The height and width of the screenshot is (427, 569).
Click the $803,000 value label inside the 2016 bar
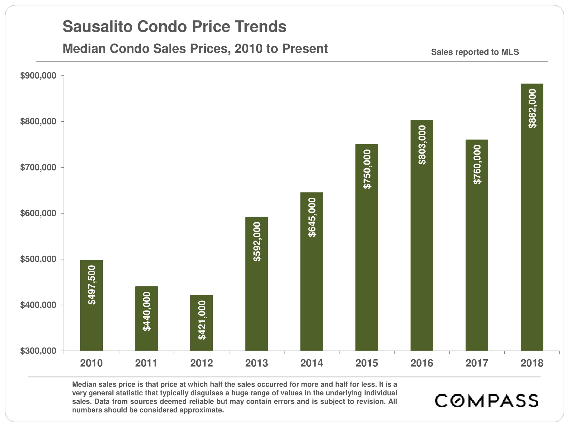click(x=422, y=145)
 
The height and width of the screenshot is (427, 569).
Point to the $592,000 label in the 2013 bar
click(x=257, y=242)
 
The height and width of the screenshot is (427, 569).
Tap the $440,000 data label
click(x=147, y=311)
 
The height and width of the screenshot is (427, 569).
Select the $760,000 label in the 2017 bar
click(x=477, y=165)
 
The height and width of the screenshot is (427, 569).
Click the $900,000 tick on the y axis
click(x=38, y=76)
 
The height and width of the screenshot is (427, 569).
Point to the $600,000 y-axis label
click(x=38, y=213)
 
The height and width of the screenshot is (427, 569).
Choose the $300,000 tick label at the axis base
click(x=38, y=351)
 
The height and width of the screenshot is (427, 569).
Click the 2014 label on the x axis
click(x=312, y=363)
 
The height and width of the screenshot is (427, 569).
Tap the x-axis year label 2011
click(x=146, y=363)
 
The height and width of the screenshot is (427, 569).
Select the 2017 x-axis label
click(x=477, y=363)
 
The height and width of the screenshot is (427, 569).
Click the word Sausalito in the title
click(x=97, y=27)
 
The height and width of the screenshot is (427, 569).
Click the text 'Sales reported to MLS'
click(x=475, y=52)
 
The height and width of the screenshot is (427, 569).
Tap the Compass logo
click(x=486, y=401)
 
